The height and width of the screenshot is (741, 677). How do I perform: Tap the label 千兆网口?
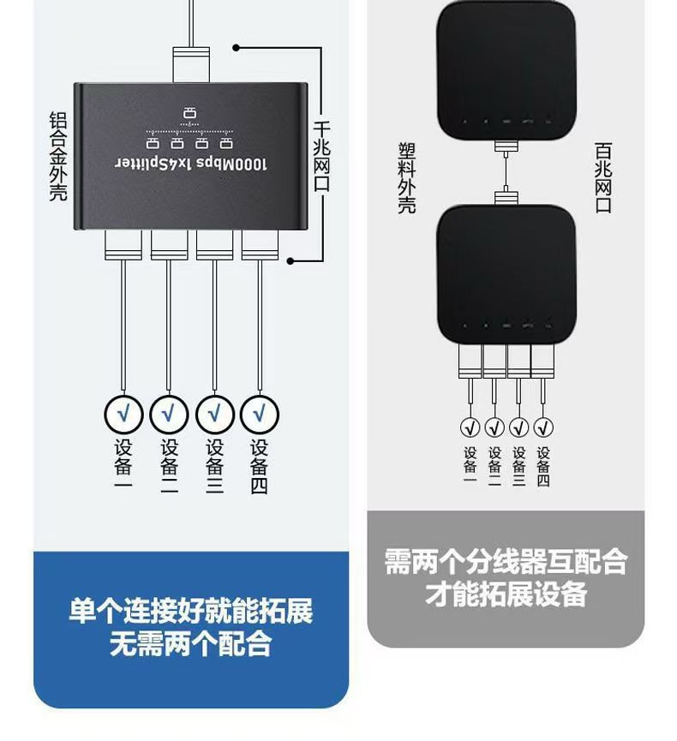pos(322,152)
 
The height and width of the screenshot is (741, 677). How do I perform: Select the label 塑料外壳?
pos(406,177)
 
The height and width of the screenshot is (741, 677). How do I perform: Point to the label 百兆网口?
pos(603,177)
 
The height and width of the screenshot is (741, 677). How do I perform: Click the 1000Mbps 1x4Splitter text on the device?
pos(191,163)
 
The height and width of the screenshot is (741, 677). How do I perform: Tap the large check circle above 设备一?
pos(123,414)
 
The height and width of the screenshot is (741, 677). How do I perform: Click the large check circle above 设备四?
pos(259,414)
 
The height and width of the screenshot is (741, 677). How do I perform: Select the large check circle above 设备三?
pos(214,414)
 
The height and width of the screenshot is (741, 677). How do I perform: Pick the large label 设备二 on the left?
pos(169,467)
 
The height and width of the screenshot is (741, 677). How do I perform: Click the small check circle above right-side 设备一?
pos(470,427)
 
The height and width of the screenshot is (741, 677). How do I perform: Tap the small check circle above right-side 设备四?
pos(543,427)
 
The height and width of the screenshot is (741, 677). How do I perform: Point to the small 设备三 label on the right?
pos(518,466)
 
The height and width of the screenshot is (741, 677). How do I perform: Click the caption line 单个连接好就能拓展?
pos(190,611)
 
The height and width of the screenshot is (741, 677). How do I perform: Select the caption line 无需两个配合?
pos(190,642)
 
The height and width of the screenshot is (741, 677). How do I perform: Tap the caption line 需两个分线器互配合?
pos(506,562)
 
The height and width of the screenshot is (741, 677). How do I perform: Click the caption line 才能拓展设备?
pos(506,594)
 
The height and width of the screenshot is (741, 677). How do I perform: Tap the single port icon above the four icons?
pos(189,112)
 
